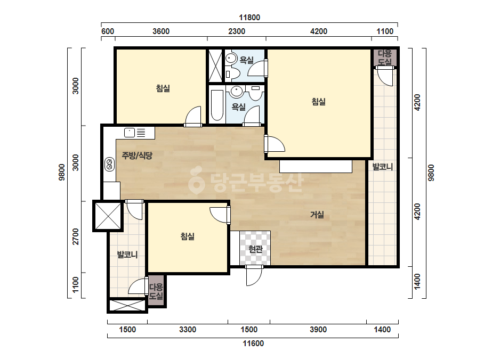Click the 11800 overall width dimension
click(249, 18)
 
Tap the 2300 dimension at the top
click(237, 31)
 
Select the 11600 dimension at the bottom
click(253, 343)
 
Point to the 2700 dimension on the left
click(76, 237)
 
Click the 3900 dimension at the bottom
click(318, 330)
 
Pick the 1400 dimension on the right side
click(417, 282)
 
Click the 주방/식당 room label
click(137, 155)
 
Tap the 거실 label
click(317, 215)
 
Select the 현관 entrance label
click(255, 249)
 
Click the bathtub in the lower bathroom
click(217, 105)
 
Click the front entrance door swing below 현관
click(254, 275)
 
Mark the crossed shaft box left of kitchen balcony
click(108, 216)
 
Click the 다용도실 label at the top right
click(385, 58)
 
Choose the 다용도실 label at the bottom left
click(156, 291)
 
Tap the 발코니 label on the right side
click(383, 167)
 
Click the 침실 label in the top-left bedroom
click(163, 88)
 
